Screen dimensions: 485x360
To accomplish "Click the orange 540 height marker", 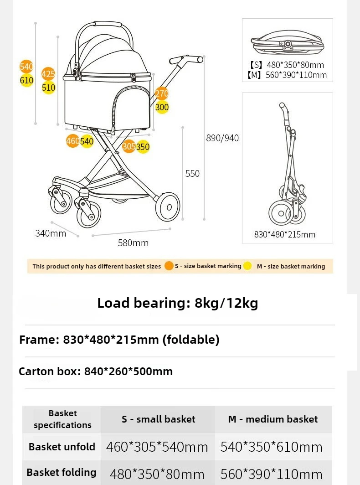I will tap(26, 67).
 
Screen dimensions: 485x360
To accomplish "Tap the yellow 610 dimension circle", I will tap(27, 81).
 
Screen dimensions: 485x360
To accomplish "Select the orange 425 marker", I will tap(48, 74).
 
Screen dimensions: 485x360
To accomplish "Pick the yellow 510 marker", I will tap(48, 88).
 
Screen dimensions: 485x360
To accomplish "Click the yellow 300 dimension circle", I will tap(162, 108).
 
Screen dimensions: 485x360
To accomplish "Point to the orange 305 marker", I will tap(129, 147).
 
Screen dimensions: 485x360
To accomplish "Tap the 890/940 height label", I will tap(222, 138).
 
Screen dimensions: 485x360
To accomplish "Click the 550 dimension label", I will tap(192, 173).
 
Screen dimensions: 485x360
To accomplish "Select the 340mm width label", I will tap(51, 233).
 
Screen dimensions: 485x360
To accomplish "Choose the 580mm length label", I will tap(133, 243).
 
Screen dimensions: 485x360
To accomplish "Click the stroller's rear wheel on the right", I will tap(168, 207).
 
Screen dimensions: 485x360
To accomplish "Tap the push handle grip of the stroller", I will tap(186, 59).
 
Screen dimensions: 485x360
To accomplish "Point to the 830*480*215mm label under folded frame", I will tap(285, 234).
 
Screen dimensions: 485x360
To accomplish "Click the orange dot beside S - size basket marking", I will tap(169, 266).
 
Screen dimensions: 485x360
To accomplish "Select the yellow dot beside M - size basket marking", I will tap(247, 266).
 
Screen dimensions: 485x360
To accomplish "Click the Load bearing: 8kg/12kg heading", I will tap(178, 303).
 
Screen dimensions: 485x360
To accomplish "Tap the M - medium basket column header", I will tap(273, 419).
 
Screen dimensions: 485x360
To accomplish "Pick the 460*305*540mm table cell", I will tap(157, 447).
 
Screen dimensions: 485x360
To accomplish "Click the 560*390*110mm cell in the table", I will tap(272, 474).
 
